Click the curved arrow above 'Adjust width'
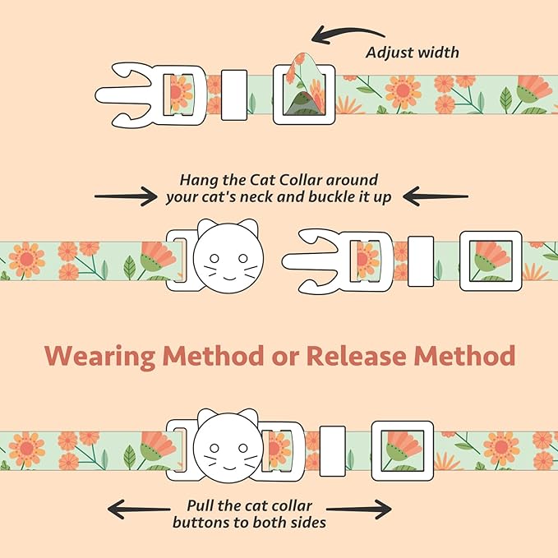pos(347,31)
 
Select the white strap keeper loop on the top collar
pos(234,95)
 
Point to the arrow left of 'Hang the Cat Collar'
pos(126,196)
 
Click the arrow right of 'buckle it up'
pos(436,196)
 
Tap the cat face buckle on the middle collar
pos(228,256)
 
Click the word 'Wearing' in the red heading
pos(100,357)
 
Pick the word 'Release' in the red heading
pos(356,356)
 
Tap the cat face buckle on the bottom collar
pos(228,446)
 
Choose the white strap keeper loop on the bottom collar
pos(332,451)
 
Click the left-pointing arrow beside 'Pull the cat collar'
pos(139,510)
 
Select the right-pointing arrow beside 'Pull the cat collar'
pos(358,510)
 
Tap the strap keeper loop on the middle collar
pos(421,261)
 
